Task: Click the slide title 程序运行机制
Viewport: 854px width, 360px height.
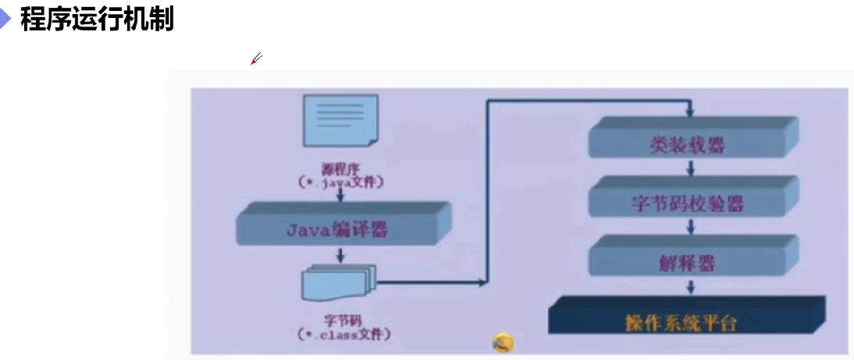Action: pyautogui.click(x=96, y=20)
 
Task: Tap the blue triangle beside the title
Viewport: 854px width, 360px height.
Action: pyautogui.click(x=6, y=20)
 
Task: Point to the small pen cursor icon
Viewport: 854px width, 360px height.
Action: pyautogui.click(x=256, y=59)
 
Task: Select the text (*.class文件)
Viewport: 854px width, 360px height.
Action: pyautogui.click(x=343, y=334)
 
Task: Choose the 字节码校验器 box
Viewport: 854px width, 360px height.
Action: pyautogui.click(x=687, y=203)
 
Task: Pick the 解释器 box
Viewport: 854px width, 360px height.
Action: pyautogui.click(x=687, y=262)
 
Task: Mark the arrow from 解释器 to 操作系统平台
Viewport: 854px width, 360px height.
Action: pyautogui.click(x=690, y=287)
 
